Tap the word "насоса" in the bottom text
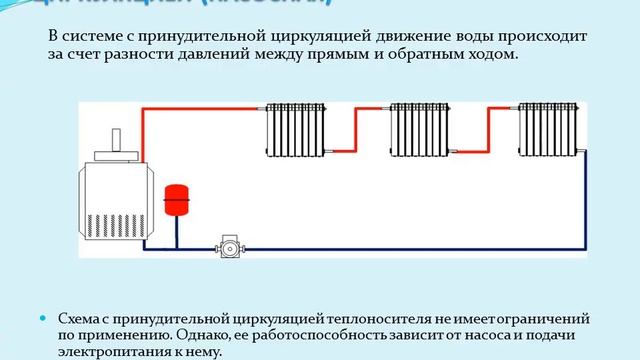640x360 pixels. (x=473, y=335)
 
